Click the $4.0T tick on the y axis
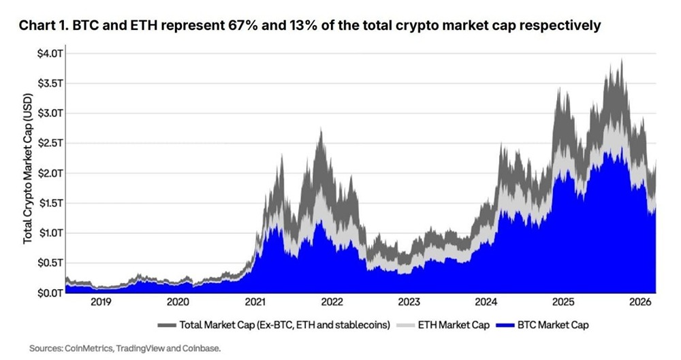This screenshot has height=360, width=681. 50,53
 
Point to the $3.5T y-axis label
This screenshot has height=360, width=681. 50,83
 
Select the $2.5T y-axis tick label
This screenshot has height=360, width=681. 50,143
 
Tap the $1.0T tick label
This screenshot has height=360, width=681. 50,233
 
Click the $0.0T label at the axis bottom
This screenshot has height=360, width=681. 50,293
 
